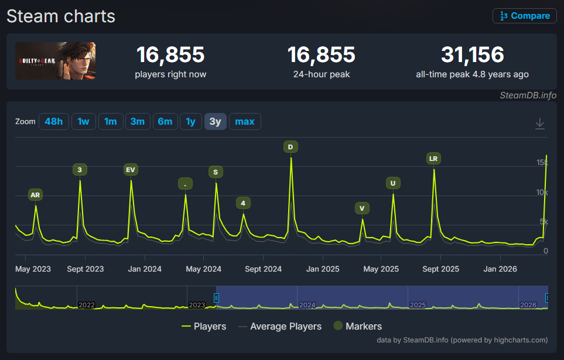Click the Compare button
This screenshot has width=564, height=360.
coord(524,16)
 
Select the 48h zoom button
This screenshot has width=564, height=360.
coord(54,122)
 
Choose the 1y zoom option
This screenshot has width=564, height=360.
coord(191,122)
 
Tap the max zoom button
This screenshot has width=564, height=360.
coord(245,122)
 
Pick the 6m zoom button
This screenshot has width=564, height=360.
coord(165,122)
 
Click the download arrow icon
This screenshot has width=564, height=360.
coord(539,124)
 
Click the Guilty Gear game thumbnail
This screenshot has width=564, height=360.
coord(56,61)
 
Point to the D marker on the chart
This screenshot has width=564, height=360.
coord(290,147)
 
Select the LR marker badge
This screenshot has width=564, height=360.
coord(433,159)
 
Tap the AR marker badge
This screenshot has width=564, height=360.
coord(35,195)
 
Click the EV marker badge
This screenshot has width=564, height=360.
coord(131,170)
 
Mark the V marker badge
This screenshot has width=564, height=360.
coord(362,208)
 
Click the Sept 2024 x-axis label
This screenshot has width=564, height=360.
coord(264,269)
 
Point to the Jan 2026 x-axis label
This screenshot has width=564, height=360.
coord(500,269)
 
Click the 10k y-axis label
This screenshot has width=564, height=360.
coord(542,193)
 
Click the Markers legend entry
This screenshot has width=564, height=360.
coord(357,326)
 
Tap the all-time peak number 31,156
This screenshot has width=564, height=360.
coord(472,54)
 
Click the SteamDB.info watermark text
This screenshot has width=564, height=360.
coord(528,95)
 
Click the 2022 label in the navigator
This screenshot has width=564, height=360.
coord(87,305)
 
